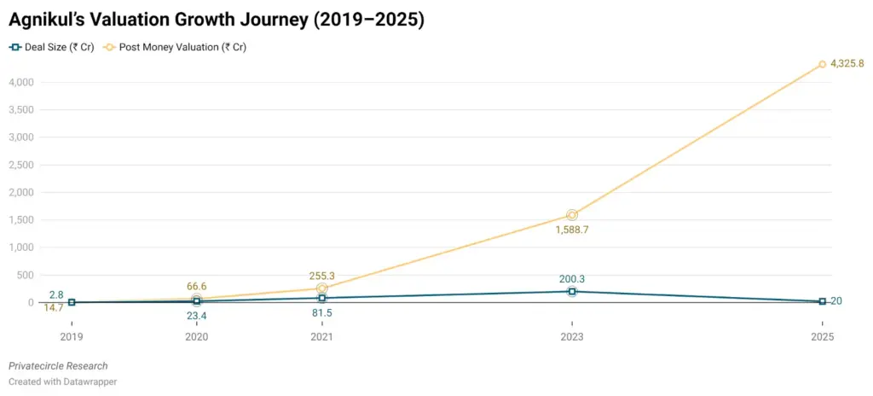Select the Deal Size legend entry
coord(53,47)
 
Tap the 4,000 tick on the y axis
coord(20,82)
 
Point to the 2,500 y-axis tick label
coord(20,165)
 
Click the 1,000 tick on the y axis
coord(20,247)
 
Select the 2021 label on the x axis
coord(321,336)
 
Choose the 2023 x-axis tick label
coord(572,336)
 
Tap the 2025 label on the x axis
coord(822,336)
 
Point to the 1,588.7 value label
coord(572,230)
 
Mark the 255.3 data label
coord(321,276)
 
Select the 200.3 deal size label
coord(572,278)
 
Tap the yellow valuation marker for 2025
coord(822,64)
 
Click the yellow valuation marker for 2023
coord(572,215)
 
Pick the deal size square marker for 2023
coord(572,292)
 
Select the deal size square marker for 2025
coord(822,301)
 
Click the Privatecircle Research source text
coord(58,366)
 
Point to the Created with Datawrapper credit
coord(62,381)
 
